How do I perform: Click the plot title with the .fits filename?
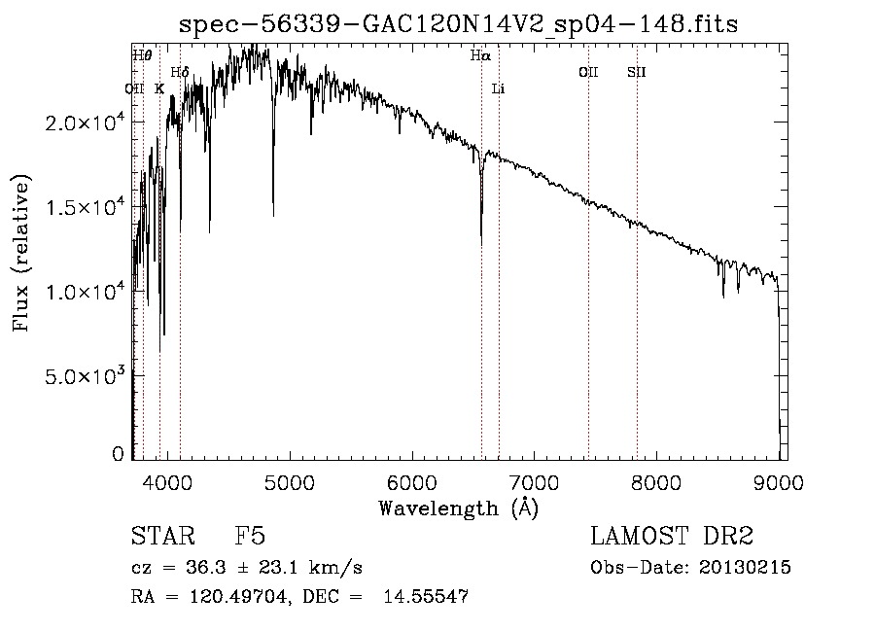(x=459, y=24)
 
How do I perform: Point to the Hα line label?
(x=480, y=56)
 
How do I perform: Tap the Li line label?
(x=499, y=88)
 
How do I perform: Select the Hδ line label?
(x=180, y=73)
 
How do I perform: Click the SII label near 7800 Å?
(x=637, y=72)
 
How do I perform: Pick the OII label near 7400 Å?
(x=588, y=72)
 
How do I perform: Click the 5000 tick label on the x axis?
(x=288, y=481)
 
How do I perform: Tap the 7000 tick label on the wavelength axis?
(x=534, y=481)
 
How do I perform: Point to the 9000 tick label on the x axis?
(x=779, y=481)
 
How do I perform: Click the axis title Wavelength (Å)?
(x=458, y=508)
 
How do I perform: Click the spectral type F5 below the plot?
(x=250, y=538)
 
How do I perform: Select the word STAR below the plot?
(x=161, y=538)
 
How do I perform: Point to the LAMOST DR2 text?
(x=672, y=537)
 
